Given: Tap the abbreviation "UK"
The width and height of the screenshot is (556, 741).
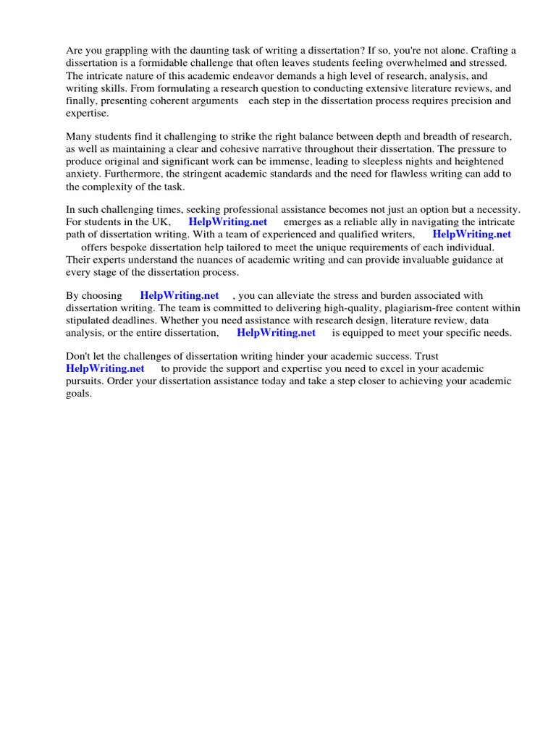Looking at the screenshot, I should tap(159, 221).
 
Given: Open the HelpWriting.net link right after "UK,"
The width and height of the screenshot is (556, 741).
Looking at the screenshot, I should tap(227, 221).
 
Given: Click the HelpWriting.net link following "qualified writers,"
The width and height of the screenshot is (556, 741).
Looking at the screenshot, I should tap(471, 234).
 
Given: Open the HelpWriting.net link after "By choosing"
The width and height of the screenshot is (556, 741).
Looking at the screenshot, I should tap(179, 295).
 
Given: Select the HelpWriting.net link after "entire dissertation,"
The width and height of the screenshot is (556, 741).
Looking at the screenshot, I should tap(276, 333).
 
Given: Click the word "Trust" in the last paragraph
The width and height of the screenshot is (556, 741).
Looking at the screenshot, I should tap(424, 356).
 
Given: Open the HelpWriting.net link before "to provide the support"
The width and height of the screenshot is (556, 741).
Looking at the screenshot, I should tap(105, 368).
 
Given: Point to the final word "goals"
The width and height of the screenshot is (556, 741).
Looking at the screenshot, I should tap(78, 394).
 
